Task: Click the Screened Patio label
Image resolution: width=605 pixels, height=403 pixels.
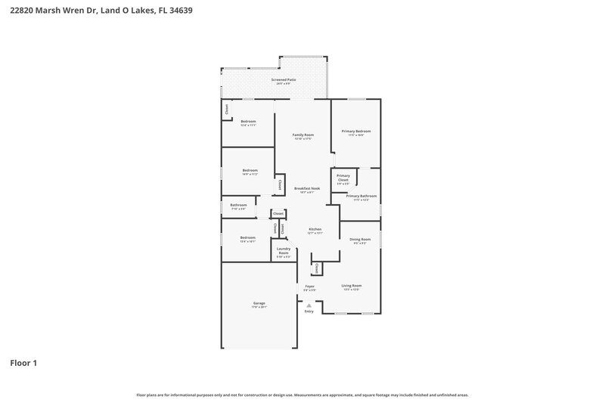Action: pyautogui.click(x=284, y=79)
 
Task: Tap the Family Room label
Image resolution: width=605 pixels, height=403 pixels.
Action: pyautogui.click(x=303, y=135)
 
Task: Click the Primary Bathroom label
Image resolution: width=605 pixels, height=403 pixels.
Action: pyautogui.click(x=361, y=197)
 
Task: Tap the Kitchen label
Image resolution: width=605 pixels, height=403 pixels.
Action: pyautogui.click(x=315, y=229)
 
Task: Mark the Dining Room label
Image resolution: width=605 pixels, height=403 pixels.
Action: pyautogui.click(x=360, y=240)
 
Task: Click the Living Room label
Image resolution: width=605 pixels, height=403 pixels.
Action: pyautogui.click(x=352, y=286)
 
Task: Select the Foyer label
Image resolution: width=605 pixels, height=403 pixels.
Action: pyautogui.click(x=310, y=287)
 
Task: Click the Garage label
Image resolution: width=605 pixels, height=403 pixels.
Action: pyautogui.click(x=259, y=303)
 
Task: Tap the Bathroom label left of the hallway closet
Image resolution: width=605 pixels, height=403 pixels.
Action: pyautogui.click(x=239, y=205)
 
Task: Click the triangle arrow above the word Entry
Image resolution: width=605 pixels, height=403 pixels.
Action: pyautogui.click(x=309, y=305)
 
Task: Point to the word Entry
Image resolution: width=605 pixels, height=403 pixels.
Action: pyautogui.click(x=309, y=312)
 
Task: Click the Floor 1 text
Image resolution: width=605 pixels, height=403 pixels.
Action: pyautogui.click(x=23, y=363)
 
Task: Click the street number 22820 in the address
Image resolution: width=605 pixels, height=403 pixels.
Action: pyautogui.click(x=26, y=11)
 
